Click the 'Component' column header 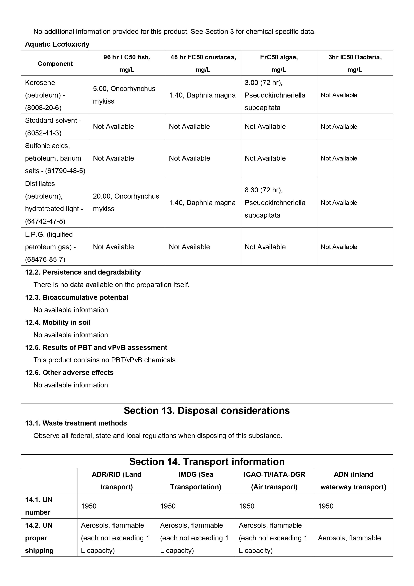55,64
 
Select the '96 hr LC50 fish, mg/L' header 127,63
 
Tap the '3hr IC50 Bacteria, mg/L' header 355,63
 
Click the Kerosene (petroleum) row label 45,95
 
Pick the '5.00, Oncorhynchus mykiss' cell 124,95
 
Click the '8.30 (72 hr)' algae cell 275,202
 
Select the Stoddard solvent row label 53,127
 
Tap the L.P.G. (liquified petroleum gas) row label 50,247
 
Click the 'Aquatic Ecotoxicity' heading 57,44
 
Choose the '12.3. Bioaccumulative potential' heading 76,297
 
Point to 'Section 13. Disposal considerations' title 207,411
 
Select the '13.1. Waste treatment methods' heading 76,423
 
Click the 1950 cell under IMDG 168,506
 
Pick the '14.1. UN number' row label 39,506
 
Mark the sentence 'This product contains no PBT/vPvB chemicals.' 105,360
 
